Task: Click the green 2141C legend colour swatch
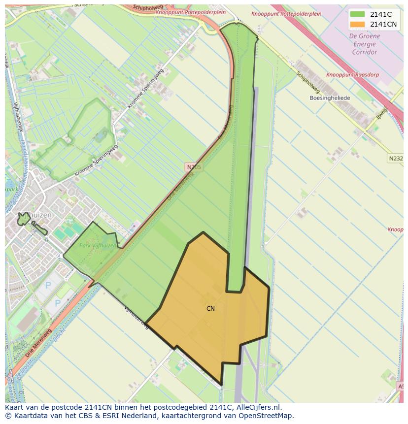(358, 14)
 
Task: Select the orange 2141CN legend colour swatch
(358, 24)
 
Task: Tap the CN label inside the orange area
(210, 309)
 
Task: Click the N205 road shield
(194, 167)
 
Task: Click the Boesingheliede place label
(330, 98)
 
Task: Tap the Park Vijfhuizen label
(98, 245)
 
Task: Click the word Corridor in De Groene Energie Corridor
(365, 52)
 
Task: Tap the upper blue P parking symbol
(48, 285)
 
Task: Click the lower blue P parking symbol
(58, 303)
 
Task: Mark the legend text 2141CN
(383, 24)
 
